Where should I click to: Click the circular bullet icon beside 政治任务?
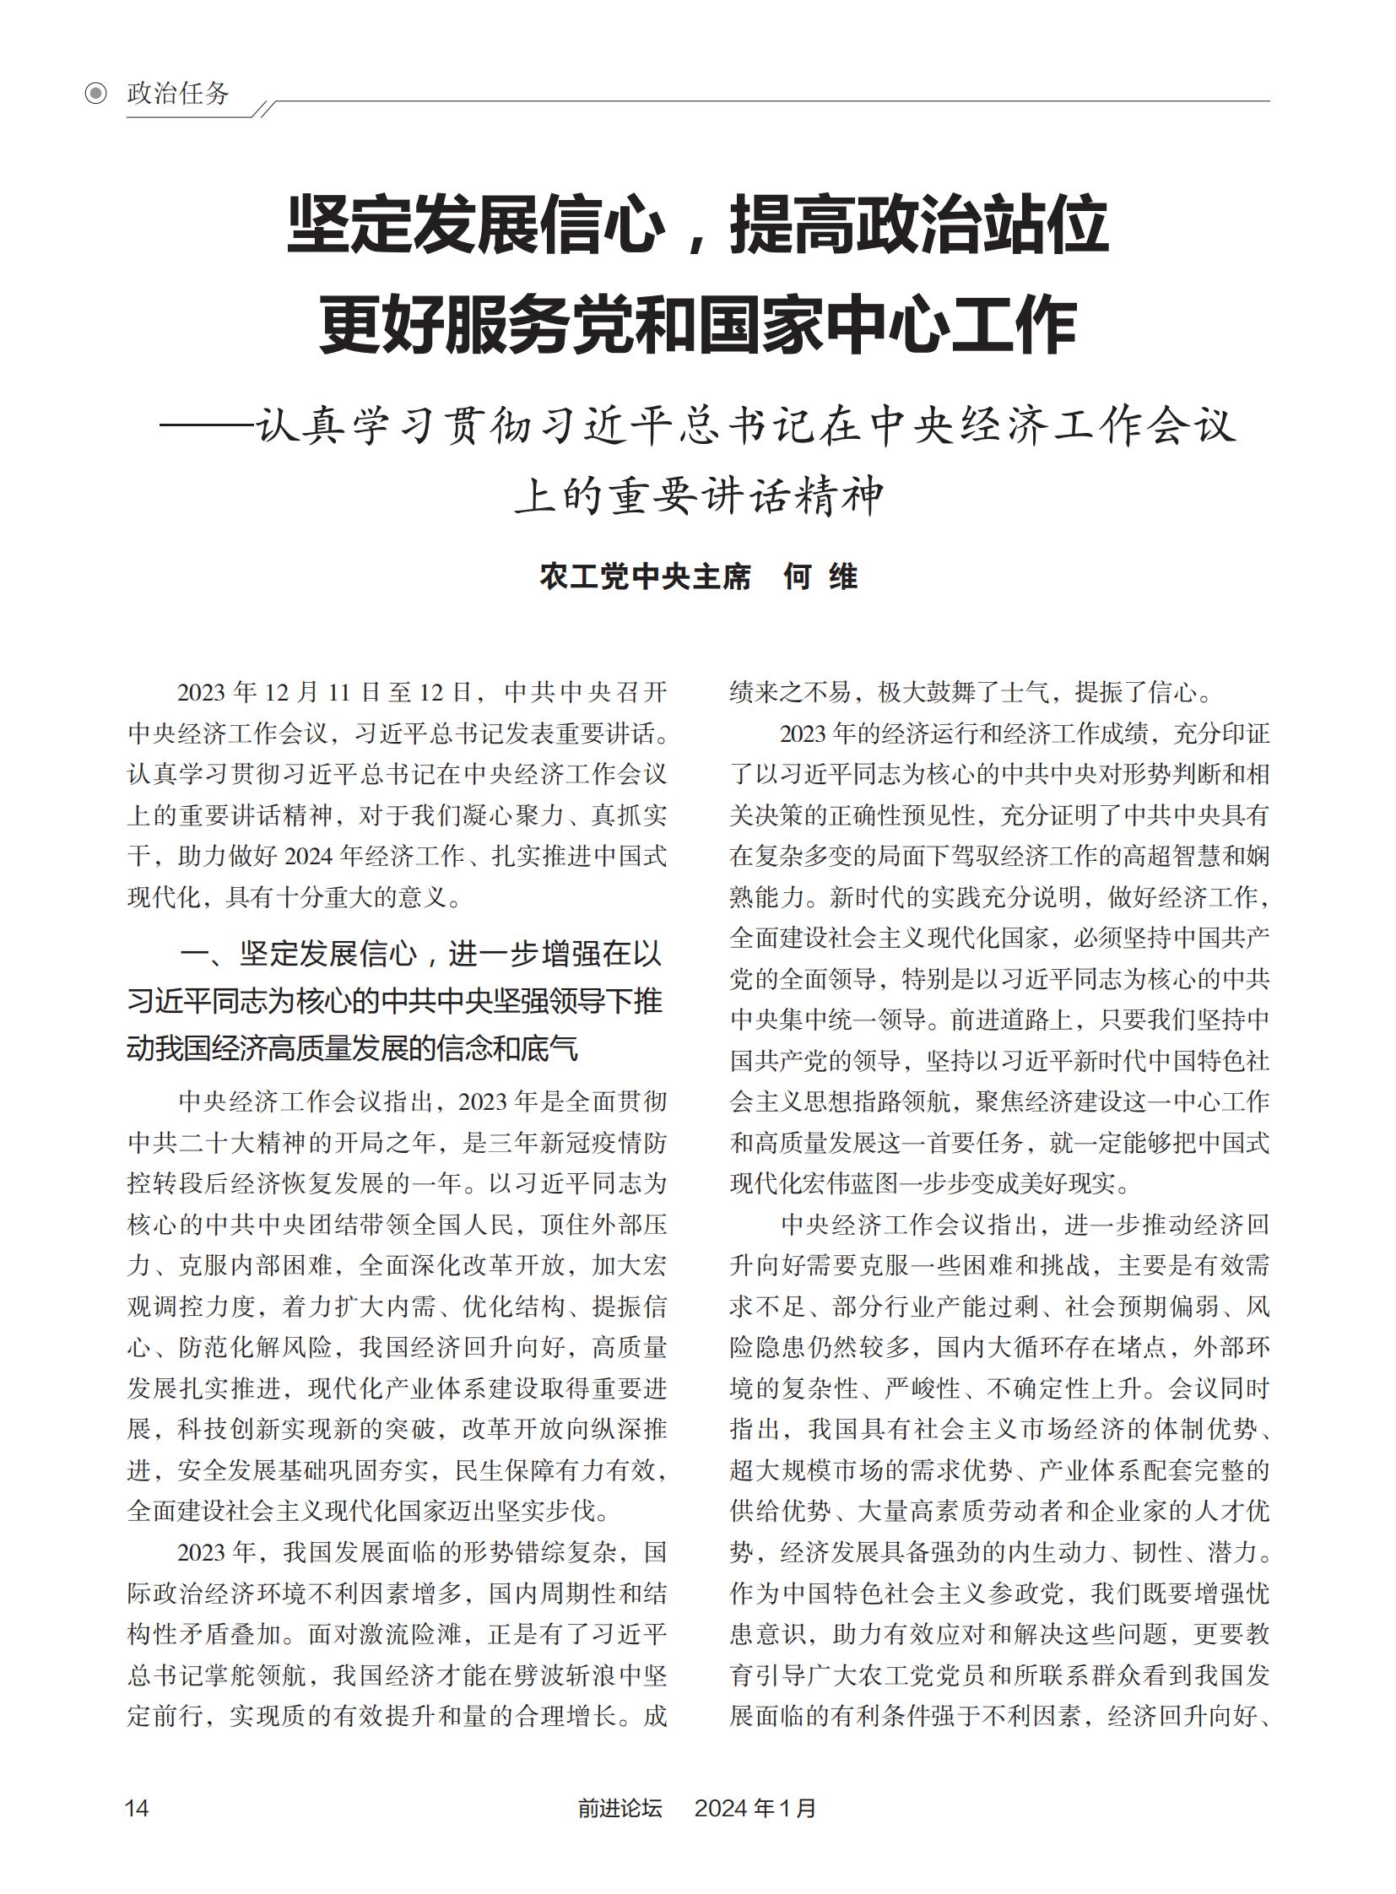click(96, 93)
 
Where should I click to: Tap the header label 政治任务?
click(177, 93)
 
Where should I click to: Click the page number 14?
click(137, 1807)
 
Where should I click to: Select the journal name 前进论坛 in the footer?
click(620, 1807)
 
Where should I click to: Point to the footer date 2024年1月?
click(755, 1807)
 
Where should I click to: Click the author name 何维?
click(820, 576)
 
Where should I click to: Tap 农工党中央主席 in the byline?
click(645, 576)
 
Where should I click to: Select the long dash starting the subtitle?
click(206, 426)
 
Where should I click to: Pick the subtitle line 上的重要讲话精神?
click(698, 496)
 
